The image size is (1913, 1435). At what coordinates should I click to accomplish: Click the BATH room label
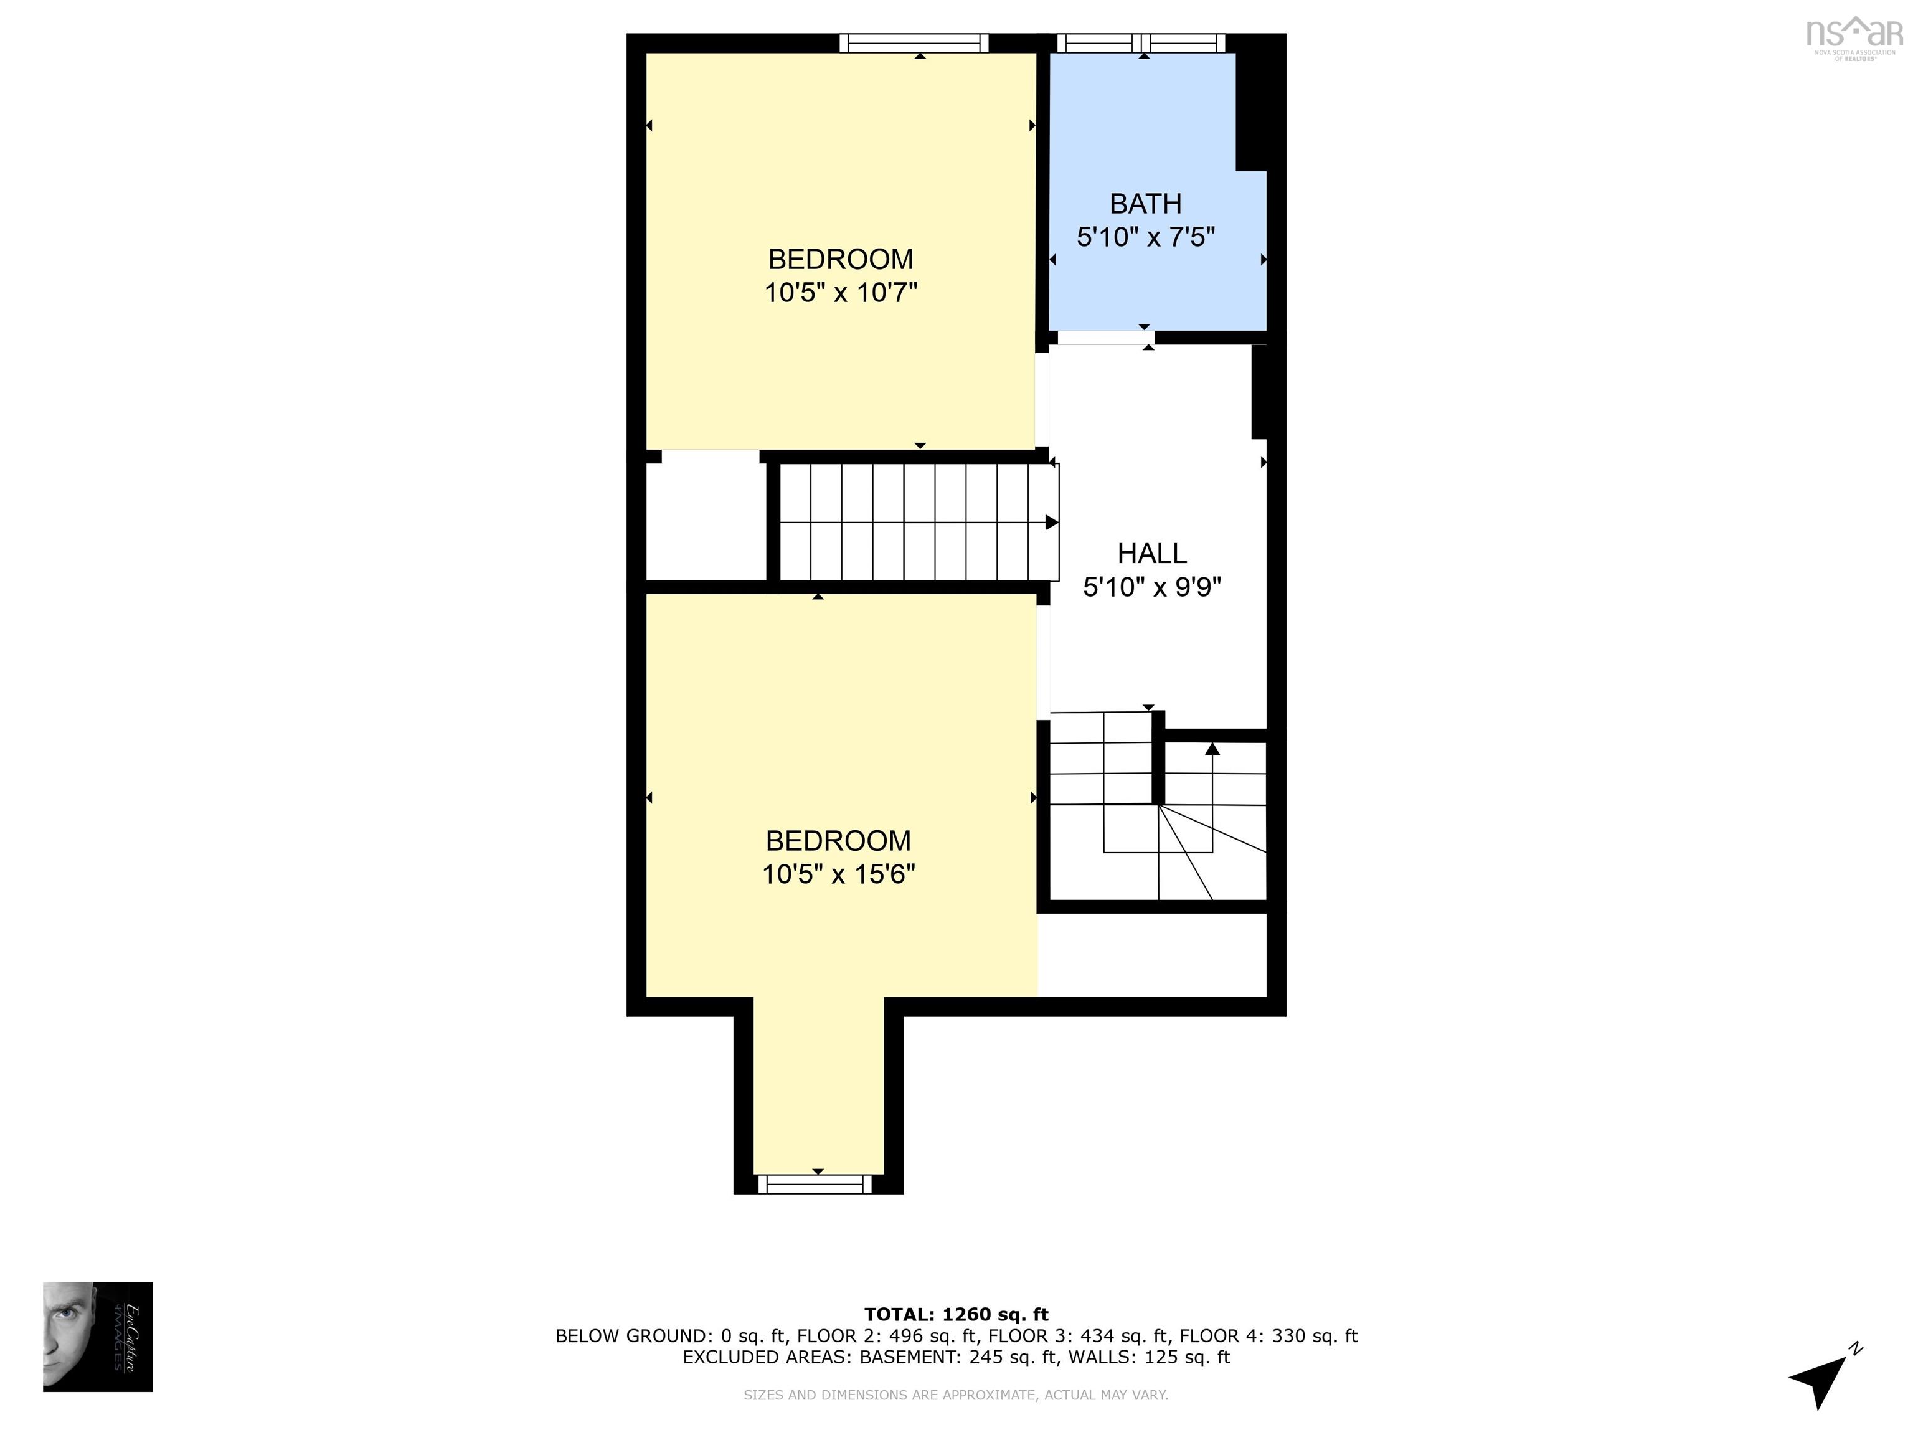(x=1145, y=204)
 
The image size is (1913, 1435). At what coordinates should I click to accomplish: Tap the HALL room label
(x=1152, y=554)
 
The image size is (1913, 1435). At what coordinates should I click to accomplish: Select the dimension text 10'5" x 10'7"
(x=840, y=293)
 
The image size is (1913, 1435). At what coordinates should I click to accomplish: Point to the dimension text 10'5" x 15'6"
(x=838, y=874)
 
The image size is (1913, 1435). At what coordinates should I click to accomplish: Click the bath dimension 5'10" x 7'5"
(x=1146, y=237)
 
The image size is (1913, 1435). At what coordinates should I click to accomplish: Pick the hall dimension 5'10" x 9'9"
(x=1152, y=588)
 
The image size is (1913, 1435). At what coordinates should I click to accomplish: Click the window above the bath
(x=1141, y=42)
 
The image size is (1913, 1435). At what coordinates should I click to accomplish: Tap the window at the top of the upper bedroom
(x=914, y=42)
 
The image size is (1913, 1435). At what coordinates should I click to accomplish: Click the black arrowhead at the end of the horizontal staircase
(x=1052, y=523)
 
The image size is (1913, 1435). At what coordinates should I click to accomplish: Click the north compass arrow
(x=1820, y=1377)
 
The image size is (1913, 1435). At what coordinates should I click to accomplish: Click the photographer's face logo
(x=98, y=1337)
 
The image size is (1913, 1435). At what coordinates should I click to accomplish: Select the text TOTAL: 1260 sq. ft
(x=956, y=1315)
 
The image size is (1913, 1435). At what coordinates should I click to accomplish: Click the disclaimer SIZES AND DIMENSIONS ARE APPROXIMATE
(x=956, y=1395)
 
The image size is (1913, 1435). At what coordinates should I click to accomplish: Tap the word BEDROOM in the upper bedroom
(x=841, y=260)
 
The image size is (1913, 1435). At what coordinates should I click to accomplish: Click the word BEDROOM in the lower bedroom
(x=838, y=841)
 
